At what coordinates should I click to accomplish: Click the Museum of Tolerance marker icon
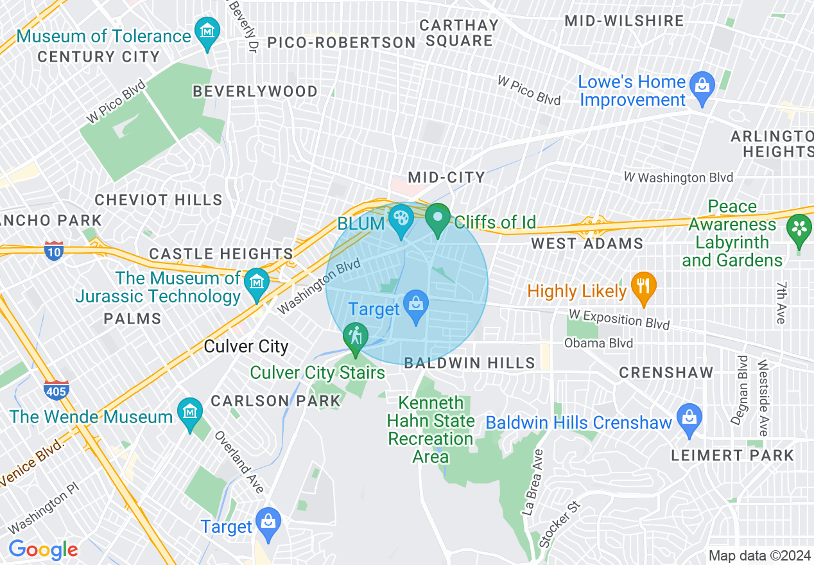207,32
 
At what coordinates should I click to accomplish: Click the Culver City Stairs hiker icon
355,336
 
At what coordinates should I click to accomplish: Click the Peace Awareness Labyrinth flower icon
799,229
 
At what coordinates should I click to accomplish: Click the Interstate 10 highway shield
54,250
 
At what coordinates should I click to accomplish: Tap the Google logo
43,550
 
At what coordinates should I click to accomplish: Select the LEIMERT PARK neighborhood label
732,456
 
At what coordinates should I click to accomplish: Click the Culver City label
246,347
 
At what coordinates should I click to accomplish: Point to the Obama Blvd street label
598,343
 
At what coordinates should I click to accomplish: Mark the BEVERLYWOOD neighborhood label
255,92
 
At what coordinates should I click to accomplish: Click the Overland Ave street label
238,462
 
